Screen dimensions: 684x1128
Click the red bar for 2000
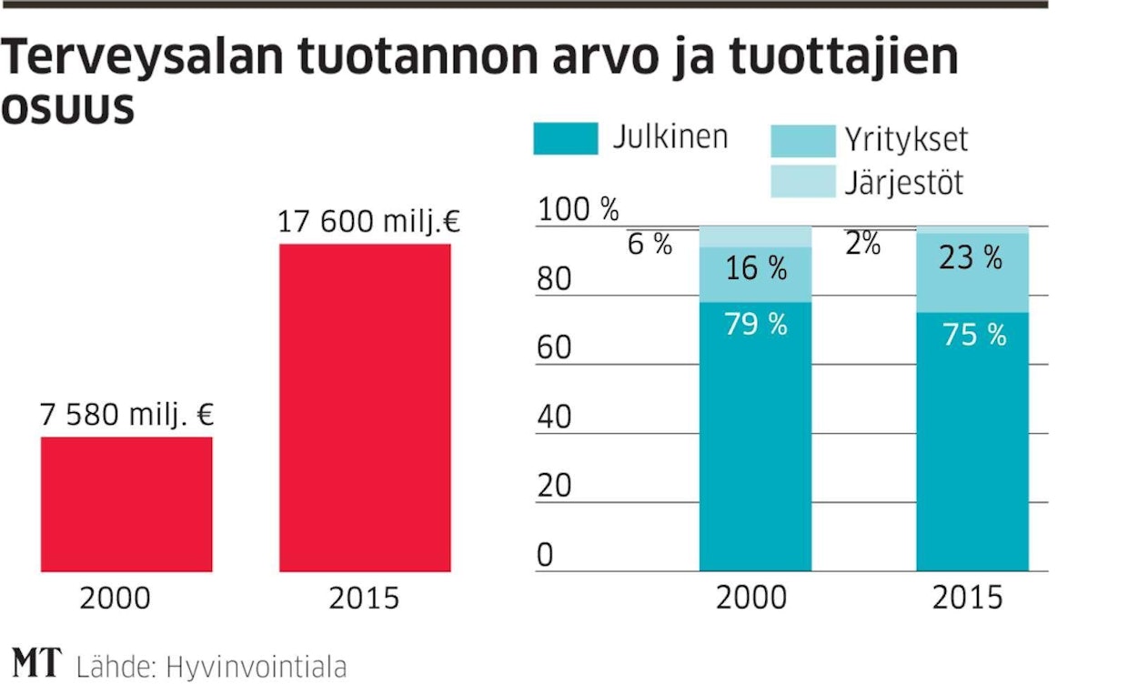point(126,504)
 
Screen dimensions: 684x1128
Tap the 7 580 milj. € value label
point(126,416)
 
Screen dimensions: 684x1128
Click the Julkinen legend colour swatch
point(565,138)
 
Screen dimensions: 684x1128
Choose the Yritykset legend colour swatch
point(802,140)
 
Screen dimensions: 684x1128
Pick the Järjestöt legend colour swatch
point(802,182)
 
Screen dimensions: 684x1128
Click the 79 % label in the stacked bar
point(756,323)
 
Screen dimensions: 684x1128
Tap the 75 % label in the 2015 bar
point(974,335)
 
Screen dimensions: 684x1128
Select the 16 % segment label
point(756,268)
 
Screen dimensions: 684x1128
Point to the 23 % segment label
point(972,257)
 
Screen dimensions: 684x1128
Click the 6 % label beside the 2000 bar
point(650,244)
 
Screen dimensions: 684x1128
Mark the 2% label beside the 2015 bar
point(862,243)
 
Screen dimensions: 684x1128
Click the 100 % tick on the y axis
point(578,210)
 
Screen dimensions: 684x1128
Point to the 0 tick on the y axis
point(544,555)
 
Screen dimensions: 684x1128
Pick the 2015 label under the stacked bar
point(967,598)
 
